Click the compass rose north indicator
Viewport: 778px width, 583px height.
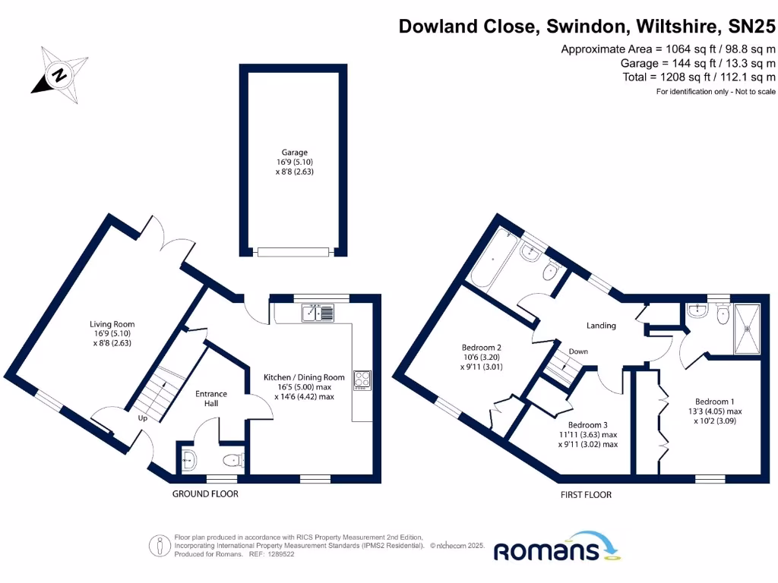(x=58, y=74)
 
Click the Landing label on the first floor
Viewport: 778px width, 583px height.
(x=600, y=326)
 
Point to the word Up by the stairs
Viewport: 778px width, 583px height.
(x=143, y=418)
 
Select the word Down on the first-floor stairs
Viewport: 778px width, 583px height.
(x=578, y=351)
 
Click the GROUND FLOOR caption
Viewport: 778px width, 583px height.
(x=205, y=494)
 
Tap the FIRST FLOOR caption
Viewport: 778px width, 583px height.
(x=586, y=495)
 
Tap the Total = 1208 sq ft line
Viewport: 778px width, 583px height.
(x=697, y=77)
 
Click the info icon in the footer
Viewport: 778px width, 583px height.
(x=159, y=545)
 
